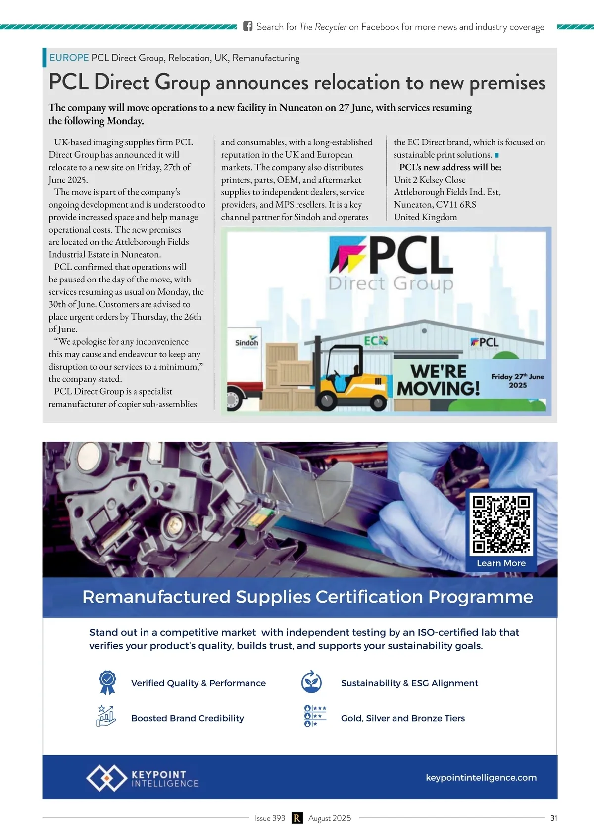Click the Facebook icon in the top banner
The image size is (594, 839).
coord(248,26)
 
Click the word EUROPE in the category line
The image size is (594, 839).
coord(69,58)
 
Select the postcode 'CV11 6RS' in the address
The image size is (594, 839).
coord(456,204)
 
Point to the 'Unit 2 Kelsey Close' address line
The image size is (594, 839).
coord(429,180)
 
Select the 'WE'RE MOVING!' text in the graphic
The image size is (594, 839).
coord(439,380)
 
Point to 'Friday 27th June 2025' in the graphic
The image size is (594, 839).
coord(517,380)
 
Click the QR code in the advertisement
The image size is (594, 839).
coord(501,524)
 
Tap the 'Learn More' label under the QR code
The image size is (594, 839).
coord(501,563)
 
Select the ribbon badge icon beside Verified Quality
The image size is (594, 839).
coord(107,682)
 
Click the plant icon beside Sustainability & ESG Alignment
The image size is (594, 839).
coord(311,682)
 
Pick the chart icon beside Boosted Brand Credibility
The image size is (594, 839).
coord(106,716)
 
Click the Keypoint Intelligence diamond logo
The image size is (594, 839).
coord(106,778)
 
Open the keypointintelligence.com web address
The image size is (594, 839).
coord(481,778)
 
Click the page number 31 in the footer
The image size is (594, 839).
coord(553,818)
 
